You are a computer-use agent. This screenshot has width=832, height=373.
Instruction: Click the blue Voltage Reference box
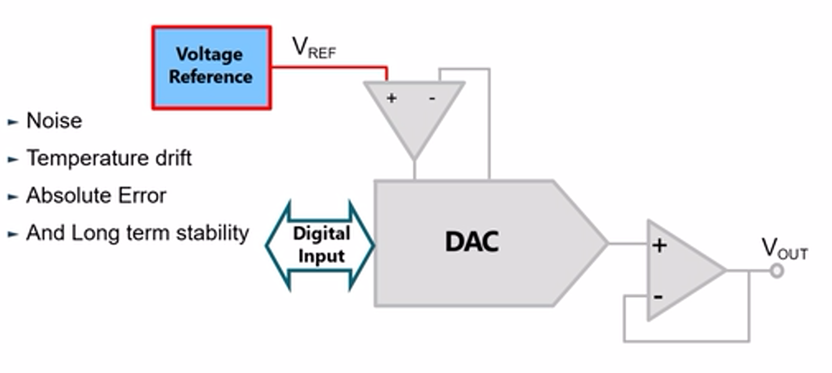pyautogui.click(x=211, y=67)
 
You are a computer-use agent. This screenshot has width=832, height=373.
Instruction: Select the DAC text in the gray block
pyautogui.click(x=472, y=242)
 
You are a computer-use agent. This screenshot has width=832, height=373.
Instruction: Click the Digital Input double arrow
pyautogui.click(x=320, y=245)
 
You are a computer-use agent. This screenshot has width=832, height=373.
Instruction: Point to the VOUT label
pyautogui.click(x=784, y=250)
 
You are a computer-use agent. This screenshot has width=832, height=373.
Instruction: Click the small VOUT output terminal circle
pyautogui.click(x=776, y=271)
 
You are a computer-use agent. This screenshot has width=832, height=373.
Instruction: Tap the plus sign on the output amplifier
pyautogui.click(x=659, y=246)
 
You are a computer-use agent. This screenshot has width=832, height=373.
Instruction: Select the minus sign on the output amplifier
pyautogui.click(x=658, y=297)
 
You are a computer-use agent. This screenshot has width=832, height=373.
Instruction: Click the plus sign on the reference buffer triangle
pyautogui.click(x=391, y=98)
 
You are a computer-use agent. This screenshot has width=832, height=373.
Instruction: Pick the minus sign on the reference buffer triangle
pyautogui.click(x=431, y=98)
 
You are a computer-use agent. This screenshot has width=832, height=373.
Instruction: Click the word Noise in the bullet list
pyautogui.click(x=54, y=121)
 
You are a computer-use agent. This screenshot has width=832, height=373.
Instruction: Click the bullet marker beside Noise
pyautogui.click(x=12, y=122)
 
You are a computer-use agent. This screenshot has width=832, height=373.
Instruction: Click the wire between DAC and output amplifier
pyautogui.click(x=627, y=243)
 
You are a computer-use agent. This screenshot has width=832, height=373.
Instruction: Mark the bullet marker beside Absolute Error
pyautogui.click(x=12, y=197)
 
